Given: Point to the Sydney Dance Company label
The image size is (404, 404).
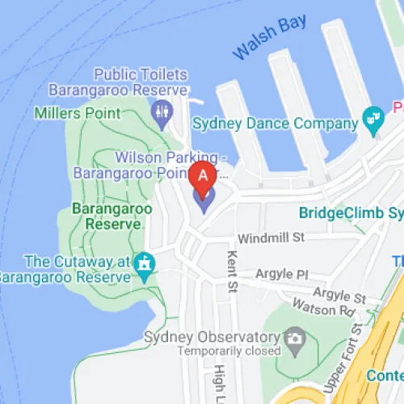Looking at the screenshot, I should (275, 124).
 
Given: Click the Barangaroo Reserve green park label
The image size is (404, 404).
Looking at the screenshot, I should (112, 216).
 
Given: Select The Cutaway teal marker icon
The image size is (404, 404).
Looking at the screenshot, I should (145, 263).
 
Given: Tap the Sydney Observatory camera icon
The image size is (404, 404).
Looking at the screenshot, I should (294, 338).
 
